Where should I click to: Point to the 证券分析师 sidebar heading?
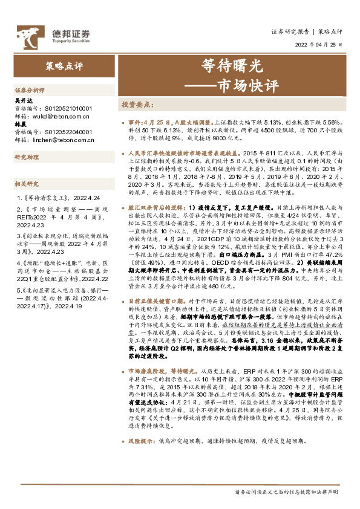pos(27,89)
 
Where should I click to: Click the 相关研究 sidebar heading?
pos(26,183)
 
